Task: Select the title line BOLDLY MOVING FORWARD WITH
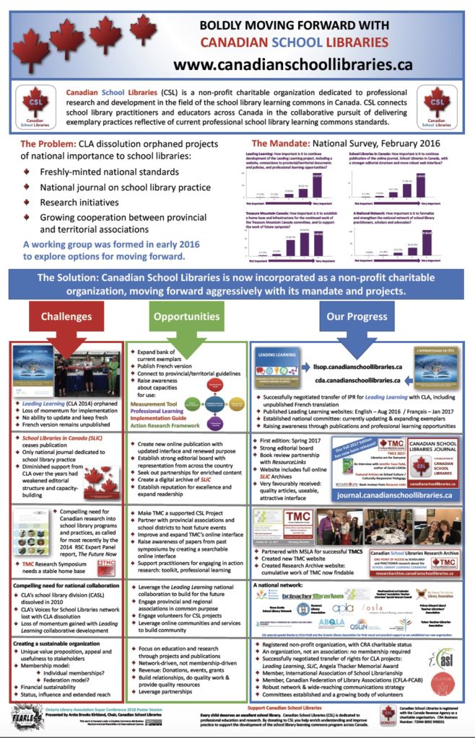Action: [293, 25]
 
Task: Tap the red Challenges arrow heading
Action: [66, 317]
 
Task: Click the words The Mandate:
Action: [284, 143]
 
